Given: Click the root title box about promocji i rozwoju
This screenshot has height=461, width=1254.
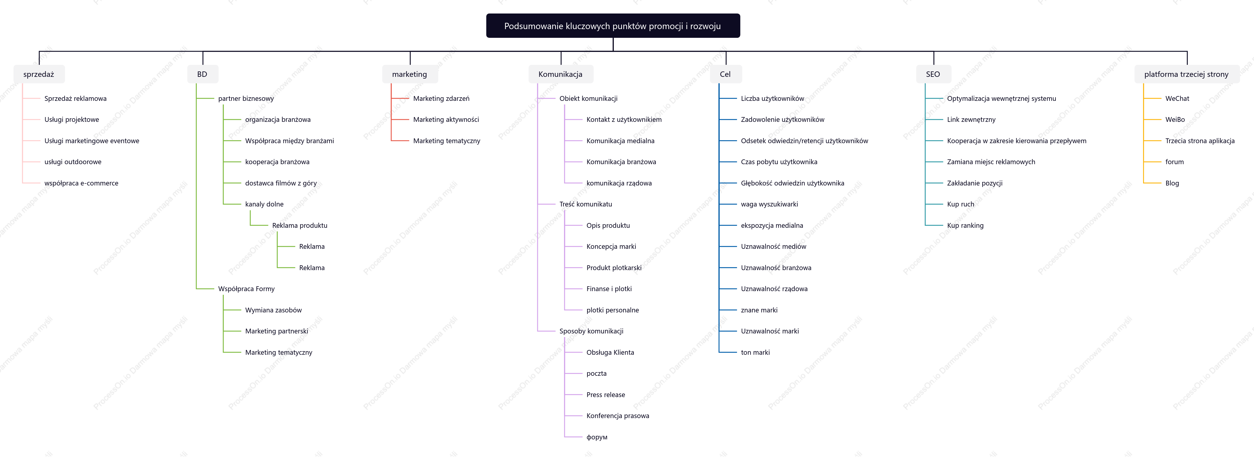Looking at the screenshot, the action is (x=613, y=26).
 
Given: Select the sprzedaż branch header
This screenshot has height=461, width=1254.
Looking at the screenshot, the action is (x=39, y=74).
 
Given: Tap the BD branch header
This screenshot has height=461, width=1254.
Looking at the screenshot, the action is (x=202, y=74).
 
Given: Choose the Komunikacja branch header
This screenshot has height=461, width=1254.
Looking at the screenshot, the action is (x=561, y=74).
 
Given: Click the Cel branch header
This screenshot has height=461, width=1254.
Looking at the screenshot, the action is (x=725, y=74).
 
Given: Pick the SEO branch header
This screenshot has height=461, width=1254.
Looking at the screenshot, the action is (x=933, y=74).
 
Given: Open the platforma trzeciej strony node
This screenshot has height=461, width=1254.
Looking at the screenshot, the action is (x=1187, y=74).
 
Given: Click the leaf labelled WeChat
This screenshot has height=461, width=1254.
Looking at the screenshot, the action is (x=1177, y=98).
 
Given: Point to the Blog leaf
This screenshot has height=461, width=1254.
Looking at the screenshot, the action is (x=1172, y=183).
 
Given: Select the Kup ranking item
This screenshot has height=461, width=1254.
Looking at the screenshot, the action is (x=965, y=226).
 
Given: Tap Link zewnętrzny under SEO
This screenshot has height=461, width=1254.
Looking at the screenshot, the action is (x=971, y=120).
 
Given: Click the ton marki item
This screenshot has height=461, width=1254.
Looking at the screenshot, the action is (x=756, y=352).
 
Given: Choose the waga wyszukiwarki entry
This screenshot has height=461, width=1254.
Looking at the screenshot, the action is (x=770, y=204).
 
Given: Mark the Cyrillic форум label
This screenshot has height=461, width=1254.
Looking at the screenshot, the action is (x=597, y=437).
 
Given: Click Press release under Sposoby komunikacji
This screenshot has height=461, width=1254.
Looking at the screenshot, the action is (x=606, y=395).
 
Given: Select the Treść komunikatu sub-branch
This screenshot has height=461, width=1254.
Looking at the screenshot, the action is (x=586, y=204).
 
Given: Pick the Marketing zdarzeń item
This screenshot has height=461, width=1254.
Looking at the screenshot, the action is (x=441, y=98).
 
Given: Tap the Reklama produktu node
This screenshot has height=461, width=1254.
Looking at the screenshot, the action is (x=300, y=226).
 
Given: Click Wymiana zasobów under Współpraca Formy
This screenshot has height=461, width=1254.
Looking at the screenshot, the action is (x=273, y=310).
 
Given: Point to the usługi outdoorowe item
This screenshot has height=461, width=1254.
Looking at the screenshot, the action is (x=73, y=162).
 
